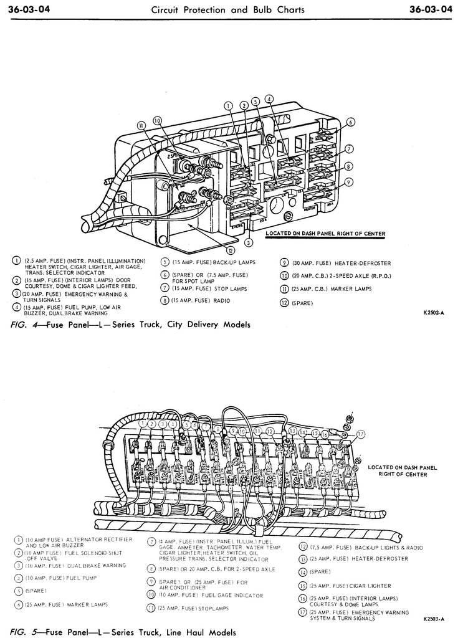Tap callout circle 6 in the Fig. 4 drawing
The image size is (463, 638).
[351, 122]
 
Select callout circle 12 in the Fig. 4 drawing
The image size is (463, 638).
[231, 250]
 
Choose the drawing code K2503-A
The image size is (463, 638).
[434, 619]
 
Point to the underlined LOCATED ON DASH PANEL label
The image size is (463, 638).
[325, 234]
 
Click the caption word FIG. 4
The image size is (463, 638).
[24, 325]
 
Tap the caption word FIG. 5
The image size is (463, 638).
[24, 632]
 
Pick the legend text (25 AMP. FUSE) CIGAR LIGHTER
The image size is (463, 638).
[351, 586]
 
